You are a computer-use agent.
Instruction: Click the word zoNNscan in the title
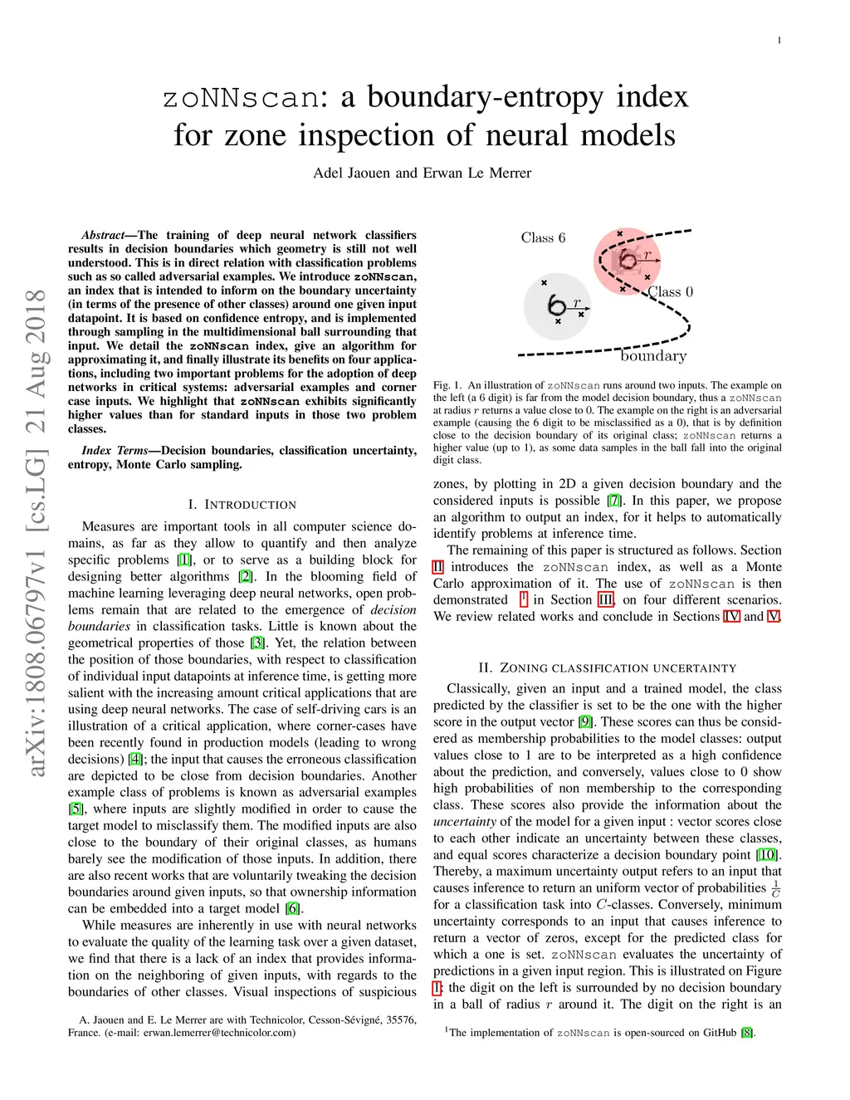pos(242,98)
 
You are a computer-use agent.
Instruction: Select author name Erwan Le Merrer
pos(477,174)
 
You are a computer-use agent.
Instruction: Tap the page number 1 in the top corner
pos(779,41)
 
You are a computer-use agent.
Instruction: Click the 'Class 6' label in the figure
pos(543,238)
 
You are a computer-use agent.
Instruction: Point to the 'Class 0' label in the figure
pos(671,292)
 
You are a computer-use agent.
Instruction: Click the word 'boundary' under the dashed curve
pos(654,356)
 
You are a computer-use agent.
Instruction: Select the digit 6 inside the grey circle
pos(556,306)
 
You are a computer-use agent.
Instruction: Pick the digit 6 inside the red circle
pos(628,260)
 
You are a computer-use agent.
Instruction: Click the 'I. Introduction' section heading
pos(242,505)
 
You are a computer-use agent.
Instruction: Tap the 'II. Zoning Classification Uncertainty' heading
pos(607,668)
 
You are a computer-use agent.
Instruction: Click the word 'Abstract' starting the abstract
pos(103,236)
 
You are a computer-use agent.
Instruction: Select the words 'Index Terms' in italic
pos(115,451)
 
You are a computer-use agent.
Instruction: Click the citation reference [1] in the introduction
pos(184,560)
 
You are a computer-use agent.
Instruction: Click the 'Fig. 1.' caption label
pos(447,385)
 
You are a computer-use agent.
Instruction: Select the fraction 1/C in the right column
pos(775,888)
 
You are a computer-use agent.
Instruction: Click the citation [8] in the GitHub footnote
pos(747,1033)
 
